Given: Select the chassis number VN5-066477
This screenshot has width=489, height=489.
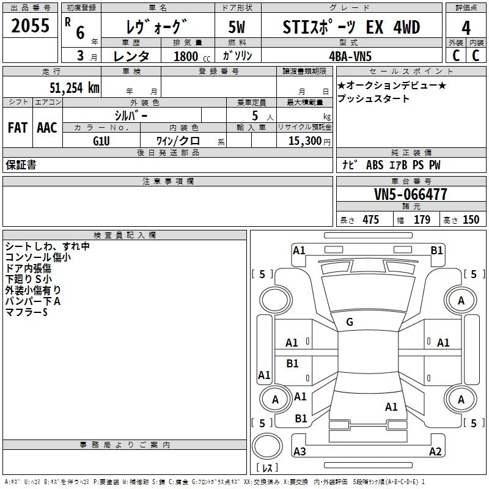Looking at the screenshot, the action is coord(411,195).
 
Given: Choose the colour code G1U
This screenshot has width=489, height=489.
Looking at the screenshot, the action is coord(101,140).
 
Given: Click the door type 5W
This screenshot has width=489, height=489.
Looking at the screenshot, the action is coord(237,28).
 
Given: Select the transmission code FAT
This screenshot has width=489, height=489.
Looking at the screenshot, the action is coord(18,128).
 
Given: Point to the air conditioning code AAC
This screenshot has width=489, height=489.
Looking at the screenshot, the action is coord(46,128).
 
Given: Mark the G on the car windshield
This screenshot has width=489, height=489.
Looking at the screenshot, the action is coord(350,322).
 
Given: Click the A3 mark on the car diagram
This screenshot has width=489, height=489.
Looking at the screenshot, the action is coord(300,452).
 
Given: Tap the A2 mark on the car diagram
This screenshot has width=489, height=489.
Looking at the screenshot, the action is coord(435,452).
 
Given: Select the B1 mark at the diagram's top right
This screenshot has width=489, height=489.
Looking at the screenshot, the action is coord(436,250).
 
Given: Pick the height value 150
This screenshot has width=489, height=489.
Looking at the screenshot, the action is coord(471,220).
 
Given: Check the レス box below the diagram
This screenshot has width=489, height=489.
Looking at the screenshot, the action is coord(267,468).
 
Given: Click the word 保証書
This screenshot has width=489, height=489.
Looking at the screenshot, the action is coord(21,165).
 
